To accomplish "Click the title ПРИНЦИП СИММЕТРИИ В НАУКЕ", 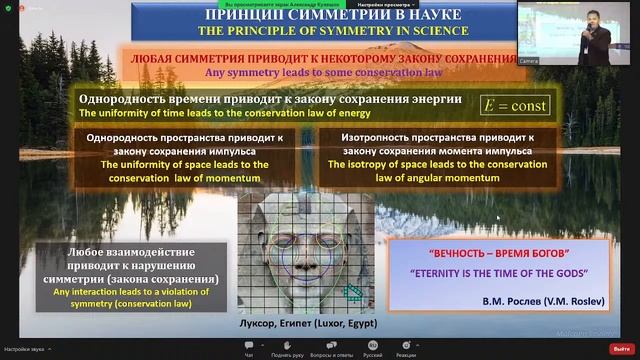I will coord(321,16).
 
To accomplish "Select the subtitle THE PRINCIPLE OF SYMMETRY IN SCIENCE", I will coord(321,32).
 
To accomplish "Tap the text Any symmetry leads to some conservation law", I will coord(321,72).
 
